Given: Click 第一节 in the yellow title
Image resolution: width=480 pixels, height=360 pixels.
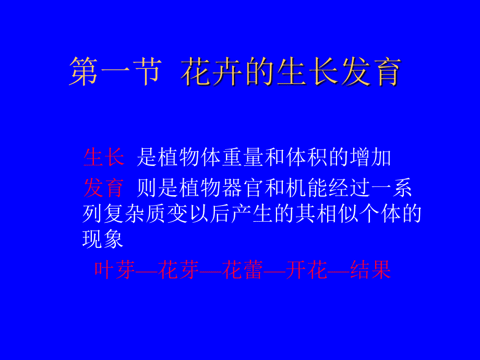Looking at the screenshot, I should (x=114, y=73).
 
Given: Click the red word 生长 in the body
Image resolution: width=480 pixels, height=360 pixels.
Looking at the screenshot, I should (x=103, y=157).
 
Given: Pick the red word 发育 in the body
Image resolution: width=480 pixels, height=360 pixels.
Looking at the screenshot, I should (x=103, y=188).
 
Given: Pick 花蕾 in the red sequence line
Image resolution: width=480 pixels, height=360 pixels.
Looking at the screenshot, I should (x=242, y=270).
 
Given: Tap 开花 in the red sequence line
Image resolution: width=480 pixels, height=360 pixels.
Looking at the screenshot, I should (x=306, y=270).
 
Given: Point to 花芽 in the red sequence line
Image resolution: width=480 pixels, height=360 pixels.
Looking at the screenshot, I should (x=178, y=270).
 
